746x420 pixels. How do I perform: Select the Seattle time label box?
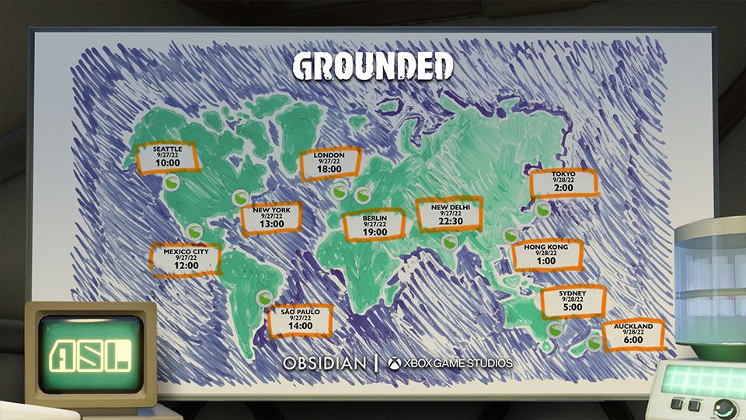[167, 157]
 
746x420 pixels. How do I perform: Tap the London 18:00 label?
[329, 163]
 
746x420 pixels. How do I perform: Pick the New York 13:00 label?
[271, 217]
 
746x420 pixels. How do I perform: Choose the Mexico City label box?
[186, 259]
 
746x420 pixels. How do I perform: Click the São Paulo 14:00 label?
[300, 319]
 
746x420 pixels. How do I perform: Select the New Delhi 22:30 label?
[449, 214]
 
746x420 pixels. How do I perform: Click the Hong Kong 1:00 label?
[546, 254]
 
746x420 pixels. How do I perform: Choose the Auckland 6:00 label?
[633, 334]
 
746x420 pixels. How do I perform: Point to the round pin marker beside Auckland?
[594, 341]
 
